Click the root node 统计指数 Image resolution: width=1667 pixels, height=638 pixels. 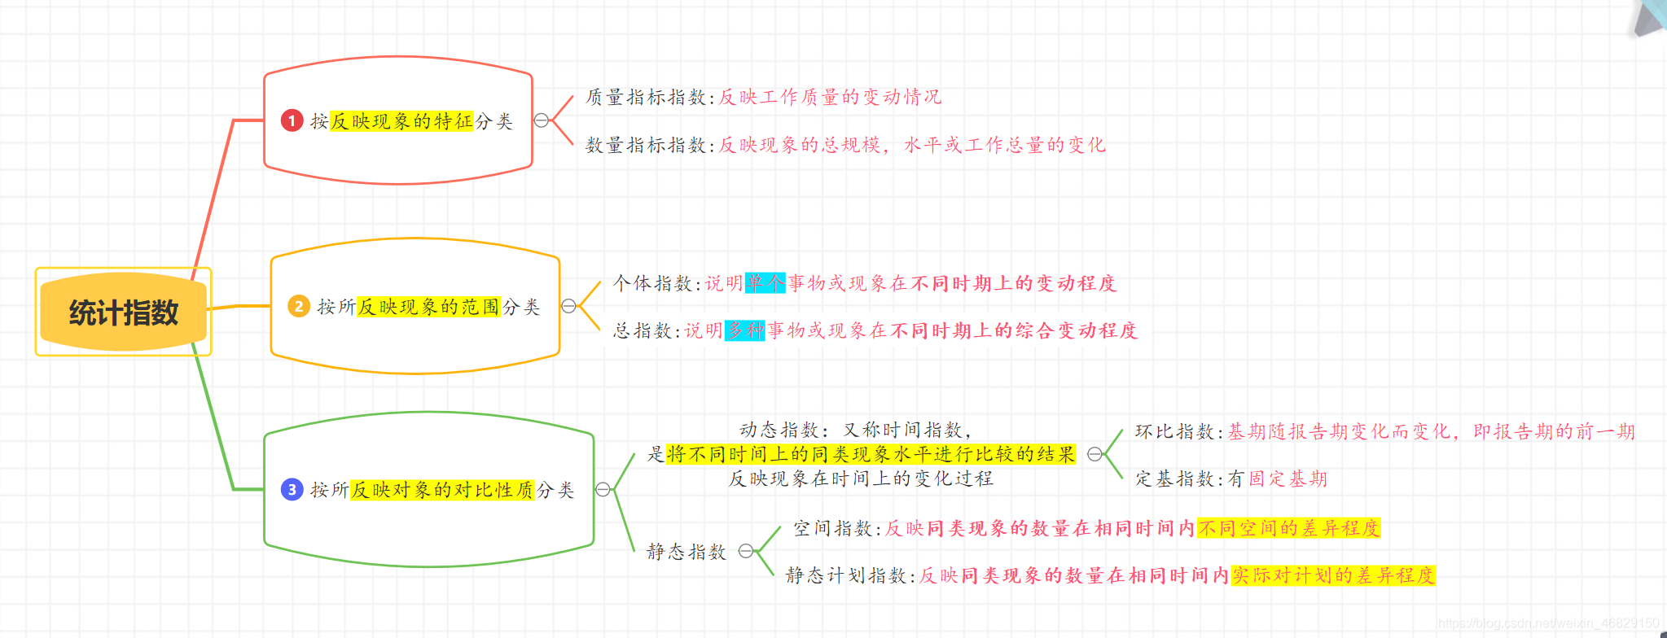123,312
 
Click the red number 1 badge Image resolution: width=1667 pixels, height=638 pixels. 292,120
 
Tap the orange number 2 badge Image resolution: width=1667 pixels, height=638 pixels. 299,306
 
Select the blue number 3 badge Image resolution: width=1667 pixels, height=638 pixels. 292,489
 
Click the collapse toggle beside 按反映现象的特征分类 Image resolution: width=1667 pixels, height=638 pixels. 542,120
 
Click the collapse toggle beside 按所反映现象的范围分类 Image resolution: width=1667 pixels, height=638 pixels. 568,306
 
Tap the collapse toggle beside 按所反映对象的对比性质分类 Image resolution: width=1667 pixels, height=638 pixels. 603,489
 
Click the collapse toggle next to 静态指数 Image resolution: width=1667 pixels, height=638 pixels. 745,551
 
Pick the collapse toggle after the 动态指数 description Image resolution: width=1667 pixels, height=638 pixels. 1095,454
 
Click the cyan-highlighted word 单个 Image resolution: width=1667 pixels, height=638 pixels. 766,282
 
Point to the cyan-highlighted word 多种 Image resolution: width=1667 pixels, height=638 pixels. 745,330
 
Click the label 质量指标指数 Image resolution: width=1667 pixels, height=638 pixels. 646,97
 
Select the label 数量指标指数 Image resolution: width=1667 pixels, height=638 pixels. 646,145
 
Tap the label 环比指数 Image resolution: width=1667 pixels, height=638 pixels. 1175,431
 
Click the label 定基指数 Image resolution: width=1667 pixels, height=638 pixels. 1175,478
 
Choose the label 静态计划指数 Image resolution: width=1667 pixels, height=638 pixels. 846,575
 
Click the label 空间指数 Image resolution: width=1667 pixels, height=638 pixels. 833,528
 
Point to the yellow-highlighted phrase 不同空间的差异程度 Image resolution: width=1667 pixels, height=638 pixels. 1288,528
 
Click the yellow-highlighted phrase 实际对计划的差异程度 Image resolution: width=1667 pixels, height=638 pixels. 1332,575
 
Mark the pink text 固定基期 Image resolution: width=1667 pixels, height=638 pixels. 1288,478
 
